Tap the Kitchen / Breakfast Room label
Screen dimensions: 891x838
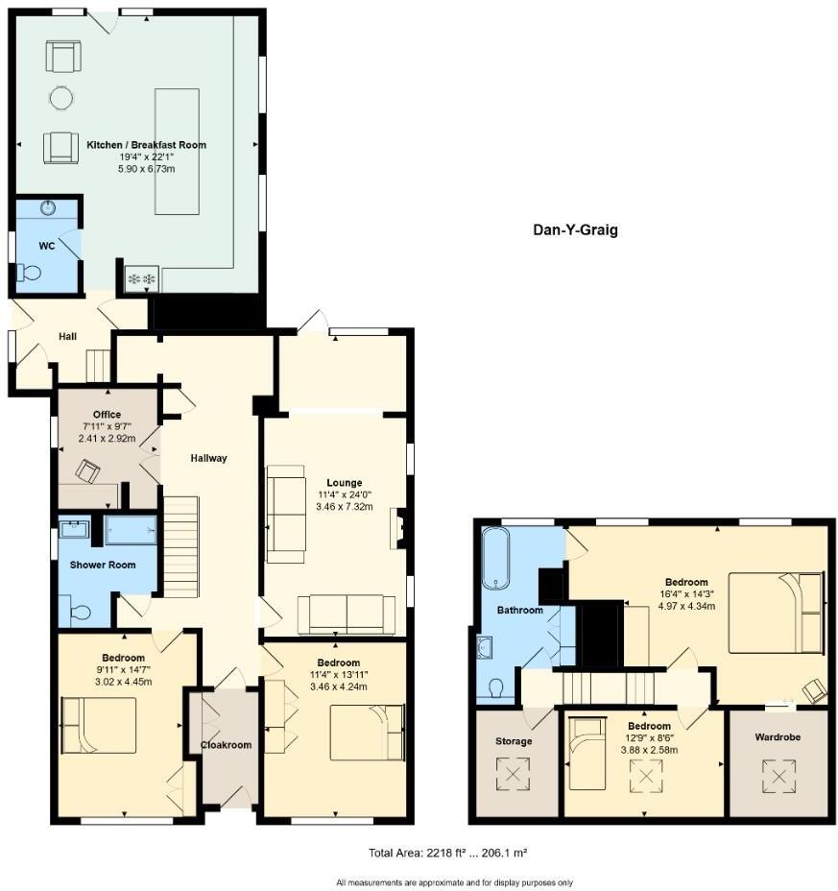(146, 145)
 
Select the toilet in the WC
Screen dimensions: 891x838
(31, 273)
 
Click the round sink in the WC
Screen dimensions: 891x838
(49, 207)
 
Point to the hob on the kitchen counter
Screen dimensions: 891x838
(141, 277)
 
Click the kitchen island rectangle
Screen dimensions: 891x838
(178, 151)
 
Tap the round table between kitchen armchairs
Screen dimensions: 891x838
(60, 97)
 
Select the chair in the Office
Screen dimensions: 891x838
(88, 470)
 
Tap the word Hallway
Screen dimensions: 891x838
(208, 458)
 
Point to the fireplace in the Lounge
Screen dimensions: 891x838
(396, 528)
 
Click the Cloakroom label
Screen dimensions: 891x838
(225, 744)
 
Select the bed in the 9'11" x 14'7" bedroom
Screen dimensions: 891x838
(99, 725)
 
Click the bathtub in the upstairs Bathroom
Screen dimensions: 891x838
(495, 557)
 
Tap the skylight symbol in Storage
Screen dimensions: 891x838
(513, 772)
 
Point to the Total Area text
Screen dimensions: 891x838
(443, 853)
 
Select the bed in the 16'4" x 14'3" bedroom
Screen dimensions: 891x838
(775, 613)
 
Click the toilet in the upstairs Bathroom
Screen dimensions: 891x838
(494, 688)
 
